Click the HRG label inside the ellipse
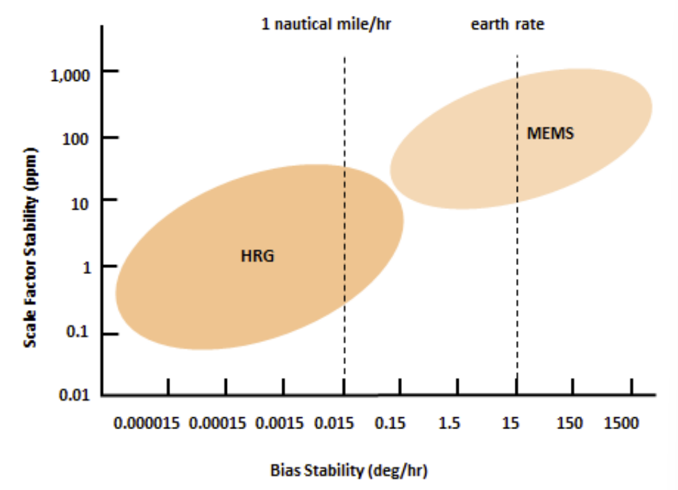click(258, 256)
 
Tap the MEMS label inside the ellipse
click(550, 133)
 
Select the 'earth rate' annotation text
click(508, 25)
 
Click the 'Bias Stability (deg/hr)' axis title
click(349, 471)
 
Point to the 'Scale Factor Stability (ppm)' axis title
click(30, 246)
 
